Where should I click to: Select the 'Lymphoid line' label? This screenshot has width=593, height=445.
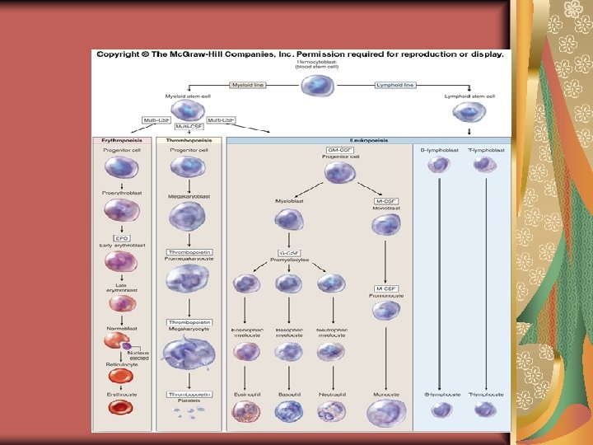pos(395,85)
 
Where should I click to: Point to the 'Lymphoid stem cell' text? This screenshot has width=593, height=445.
pos(469,96)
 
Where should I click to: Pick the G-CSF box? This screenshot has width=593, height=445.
pos(289,252)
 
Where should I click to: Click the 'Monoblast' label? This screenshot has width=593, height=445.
pos(386,209)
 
